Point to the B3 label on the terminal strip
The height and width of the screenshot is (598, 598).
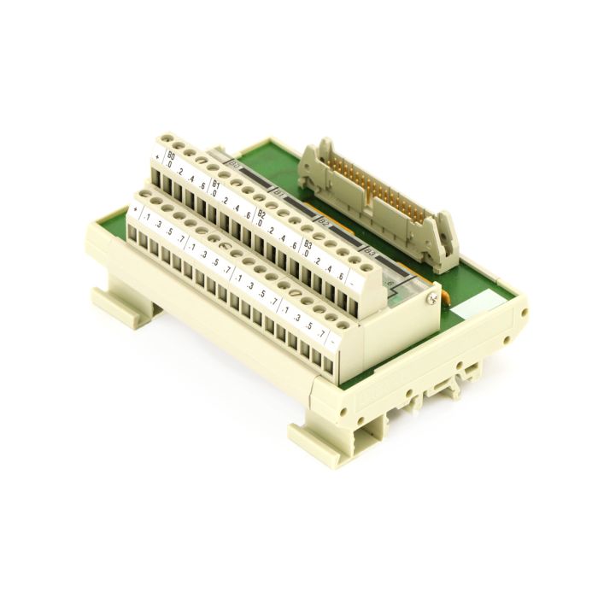click(307, 243)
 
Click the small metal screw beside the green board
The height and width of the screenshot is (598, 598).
click(434, 296)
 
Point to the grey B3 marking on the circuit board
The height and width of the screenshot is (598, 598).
click(370, 252)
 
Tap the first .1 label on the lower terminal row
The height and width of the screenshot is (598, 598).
click(148, 217)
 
